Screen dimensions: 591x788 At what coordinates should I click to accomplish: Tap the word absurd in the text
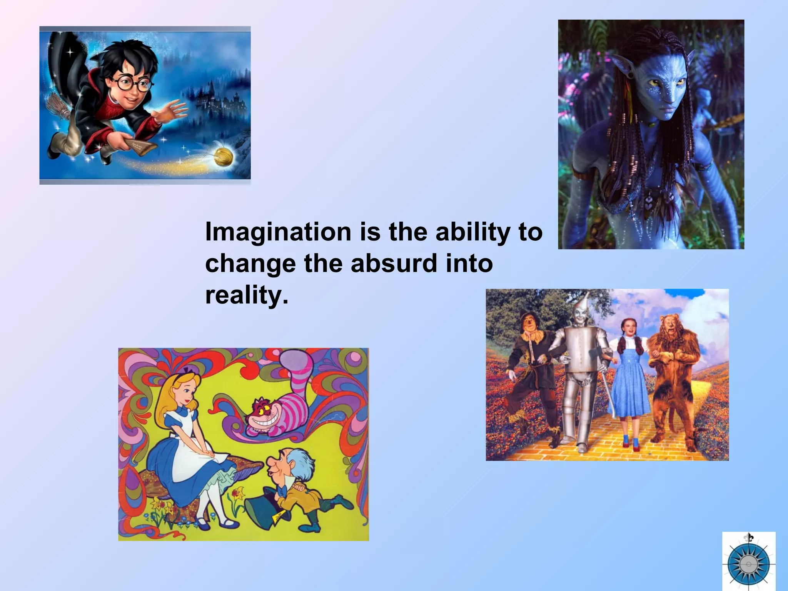394,264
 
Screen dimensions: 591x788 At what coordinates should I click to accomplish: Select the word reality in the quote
246,295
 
